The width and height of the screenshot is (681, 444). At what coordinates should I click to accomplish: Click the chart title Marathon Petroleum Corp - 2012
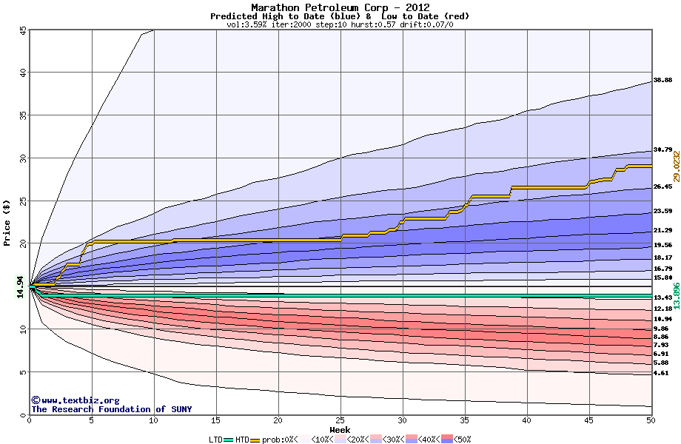[340, 7]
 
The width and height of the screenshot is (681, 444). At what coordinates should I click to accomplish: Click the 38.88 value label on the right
[662, 80]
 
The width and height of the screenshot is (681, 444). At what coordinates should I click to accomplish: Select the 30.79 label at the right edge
[662, 150]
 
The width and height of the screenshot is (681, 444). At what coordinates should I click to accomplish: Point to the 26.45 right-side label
[662, 187]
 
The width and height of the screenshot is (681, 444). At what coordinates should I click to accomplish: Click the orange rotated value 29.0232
[676, 166]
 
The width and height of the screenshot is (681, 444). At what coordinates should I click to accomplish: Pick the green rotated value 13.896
[676, 296]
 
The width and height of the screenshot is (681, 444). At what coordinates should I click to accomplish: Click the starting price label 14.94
[21, 286]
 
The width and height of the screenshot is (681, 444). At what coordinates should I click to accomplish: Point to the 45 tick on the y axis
[23, 30]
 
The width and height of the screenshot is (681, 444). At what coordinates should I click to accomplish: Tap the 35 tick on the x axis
[464, 420]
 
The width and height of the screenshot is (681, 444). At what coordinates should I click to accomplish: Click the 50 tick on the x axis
[651, 420]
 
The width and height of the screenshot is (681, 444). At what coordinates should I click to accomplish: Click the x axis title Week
[340, 430]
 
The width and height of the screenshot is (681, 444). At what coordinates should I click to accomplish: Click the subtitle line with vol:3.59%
[340, 24]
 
